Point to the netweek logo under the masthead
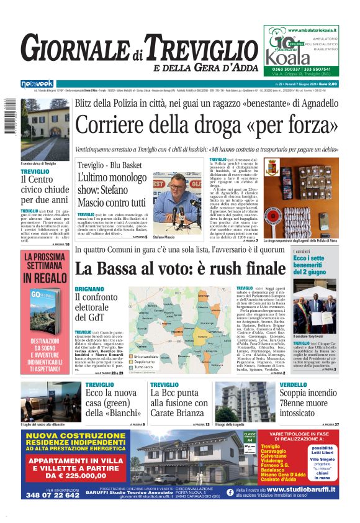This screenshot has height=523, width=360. click(38, 84)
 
